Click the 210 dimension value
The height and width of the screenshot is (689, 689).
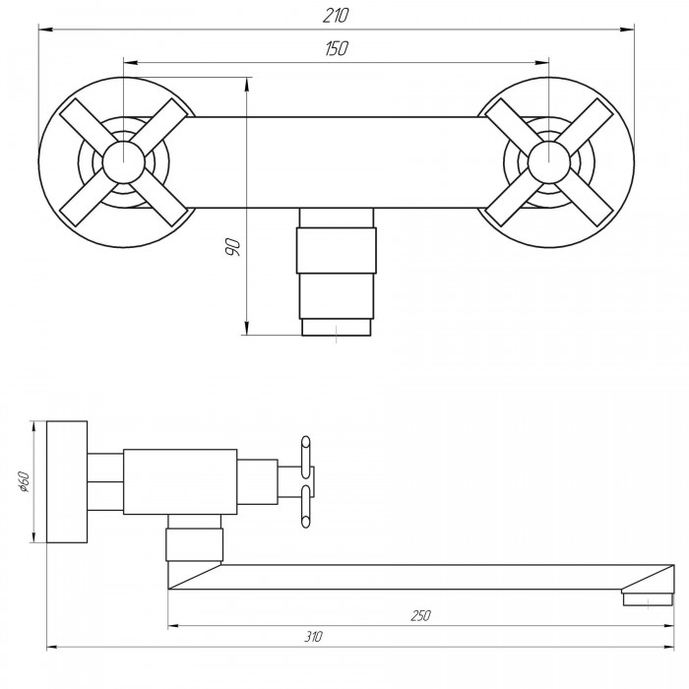click(336, 16)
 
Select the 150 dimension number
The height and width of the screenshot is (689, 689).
click(337, 48)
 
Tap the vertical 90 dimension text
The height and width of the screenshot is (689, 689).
click(232, 247)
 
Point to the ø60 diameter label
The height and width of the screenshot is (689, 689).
click(24, 481)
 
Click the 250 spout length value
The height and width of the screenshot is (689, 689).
click(420, 615)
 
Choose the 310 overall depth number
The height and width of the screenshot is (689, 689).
click(313, 637)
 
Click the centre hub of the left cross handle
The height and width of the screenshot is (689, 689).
click(123, 162)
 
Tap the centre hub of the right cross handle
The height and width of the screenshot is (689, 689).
click(549, 162)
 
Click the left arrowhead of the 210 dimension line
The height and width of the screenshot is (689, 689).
click(46, 30)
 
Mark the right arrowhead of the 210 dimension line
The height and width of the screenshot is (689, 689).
click(627, 30)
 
